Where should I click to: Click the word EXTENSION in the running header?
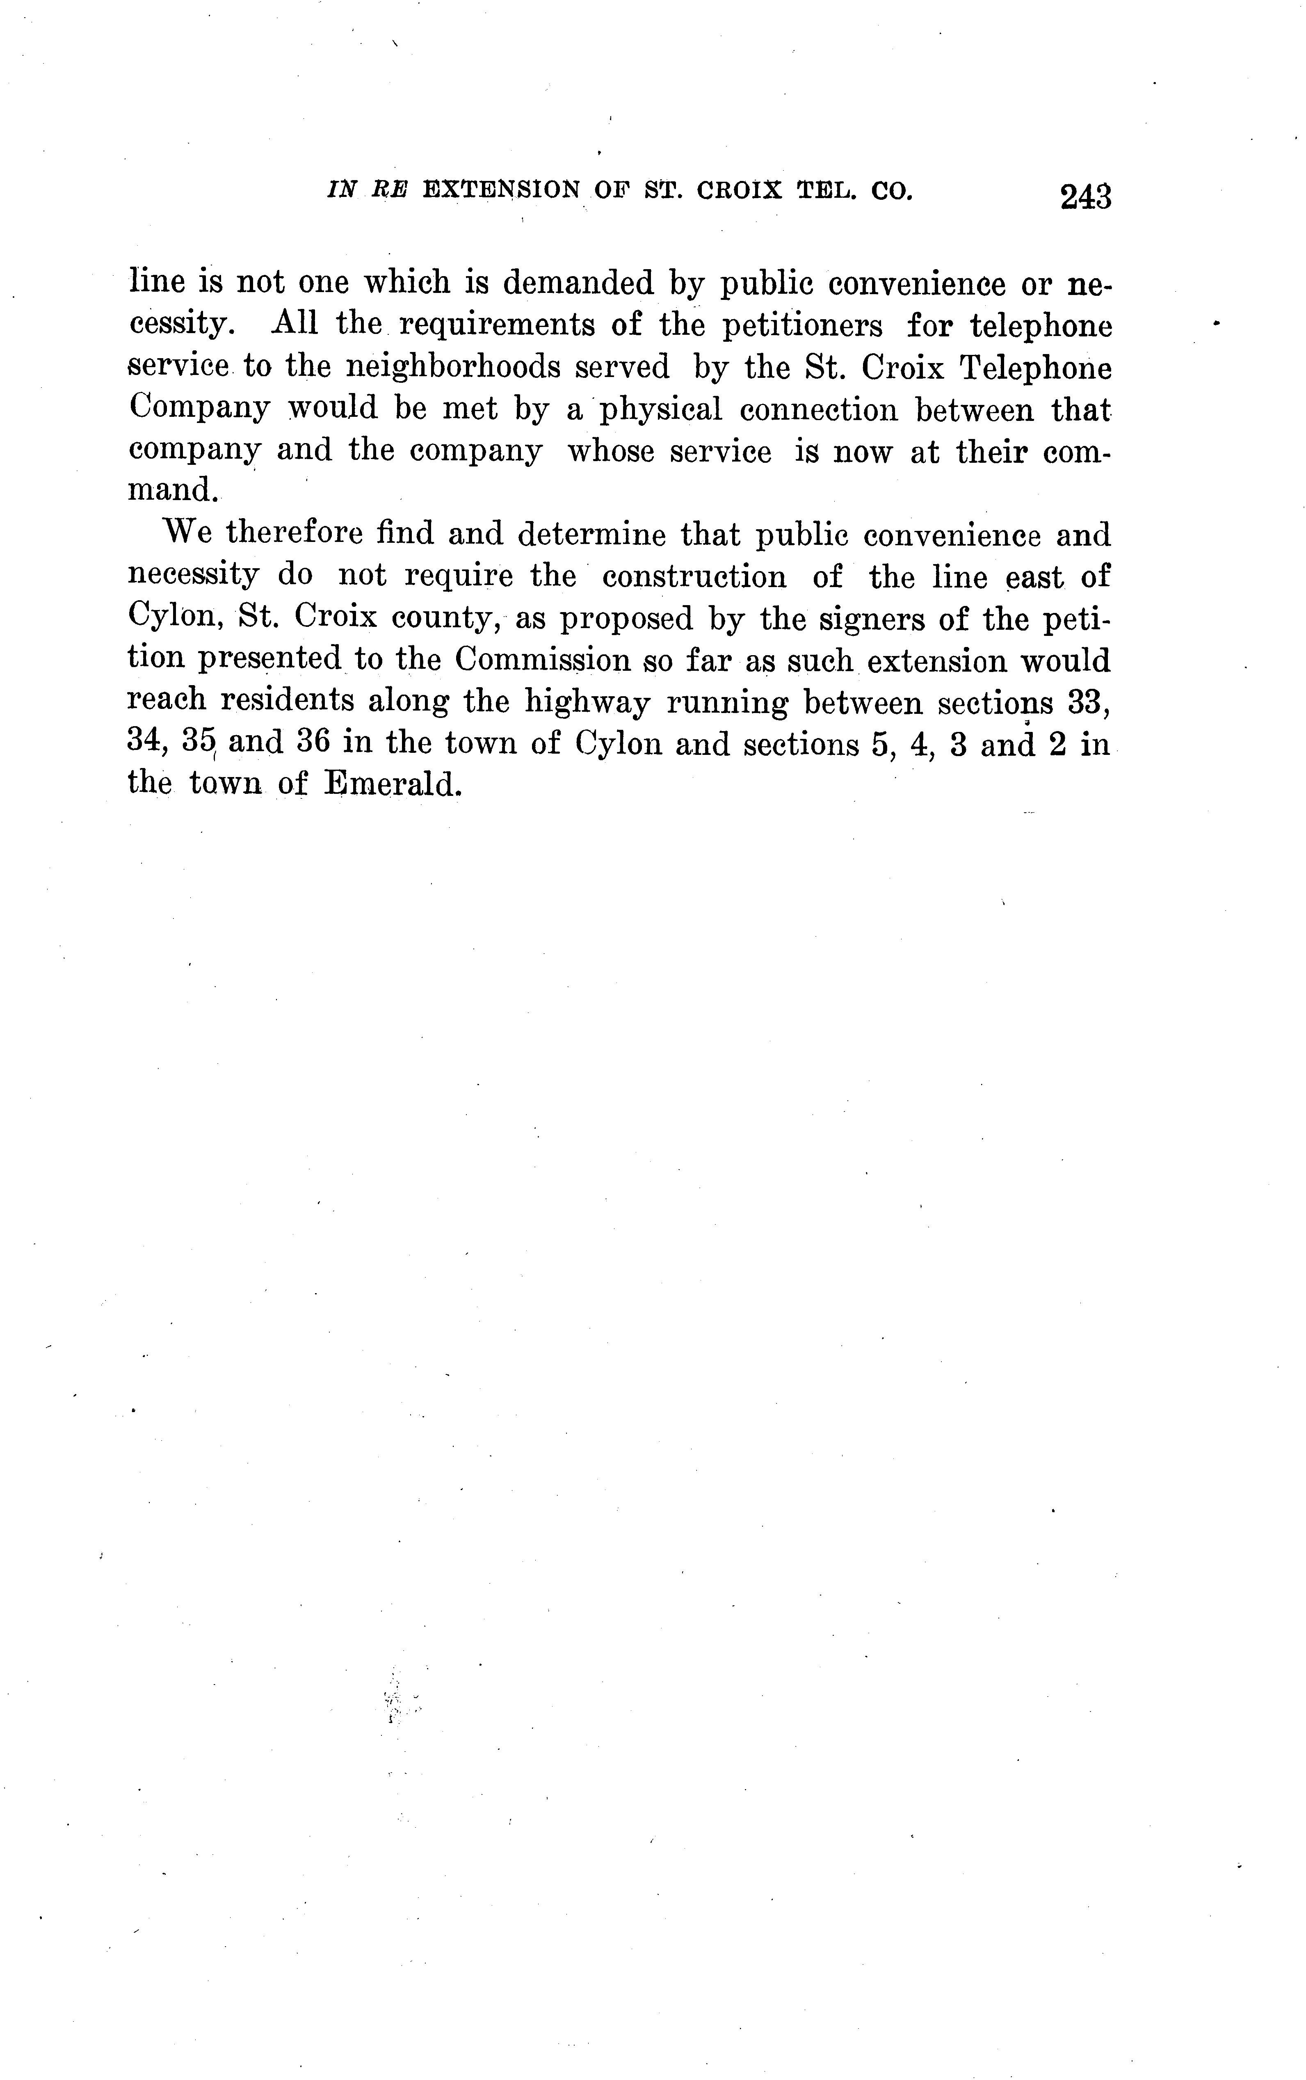click(501, 190)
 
